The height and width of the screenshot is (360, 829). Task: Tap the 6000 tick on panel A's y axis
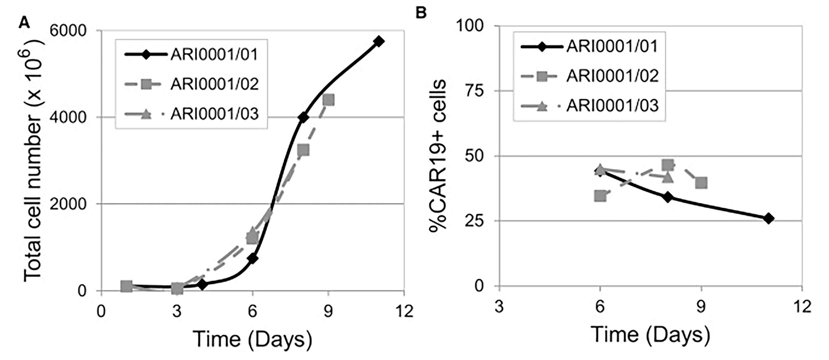click(x=68, y=30)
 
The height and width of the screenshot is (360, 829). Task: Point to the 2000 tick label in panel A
click(x=68, y=204)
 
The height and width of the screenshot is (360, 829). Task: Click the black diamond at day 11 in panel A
click(x=379, y=41)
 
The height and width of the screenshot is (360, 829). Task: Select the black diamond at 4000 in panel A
click(x=303, y=117)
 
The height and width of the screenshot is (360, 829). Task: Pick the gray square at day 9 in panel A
click(x=328, y=100)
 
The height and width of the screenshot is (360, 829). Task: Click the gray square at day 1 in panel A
click(x=126, y=286)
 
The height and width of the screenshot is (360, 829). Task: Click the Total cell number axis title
click(x=33, y=160)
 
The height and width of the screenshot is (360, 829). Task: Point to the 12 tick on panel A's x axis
click(x=404, y=311)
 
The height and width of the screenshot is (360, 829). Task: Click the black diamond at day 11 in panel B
click(x=769, y=219)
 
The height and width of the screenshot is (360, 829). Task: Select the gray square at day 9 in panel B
click(x=701, y=183)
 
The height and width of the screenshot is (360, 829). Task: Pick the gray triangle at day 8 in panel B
click(x=668, y=177)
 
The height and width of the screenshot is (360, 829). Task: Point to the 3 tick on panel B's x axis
click(x=499, y=306)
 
